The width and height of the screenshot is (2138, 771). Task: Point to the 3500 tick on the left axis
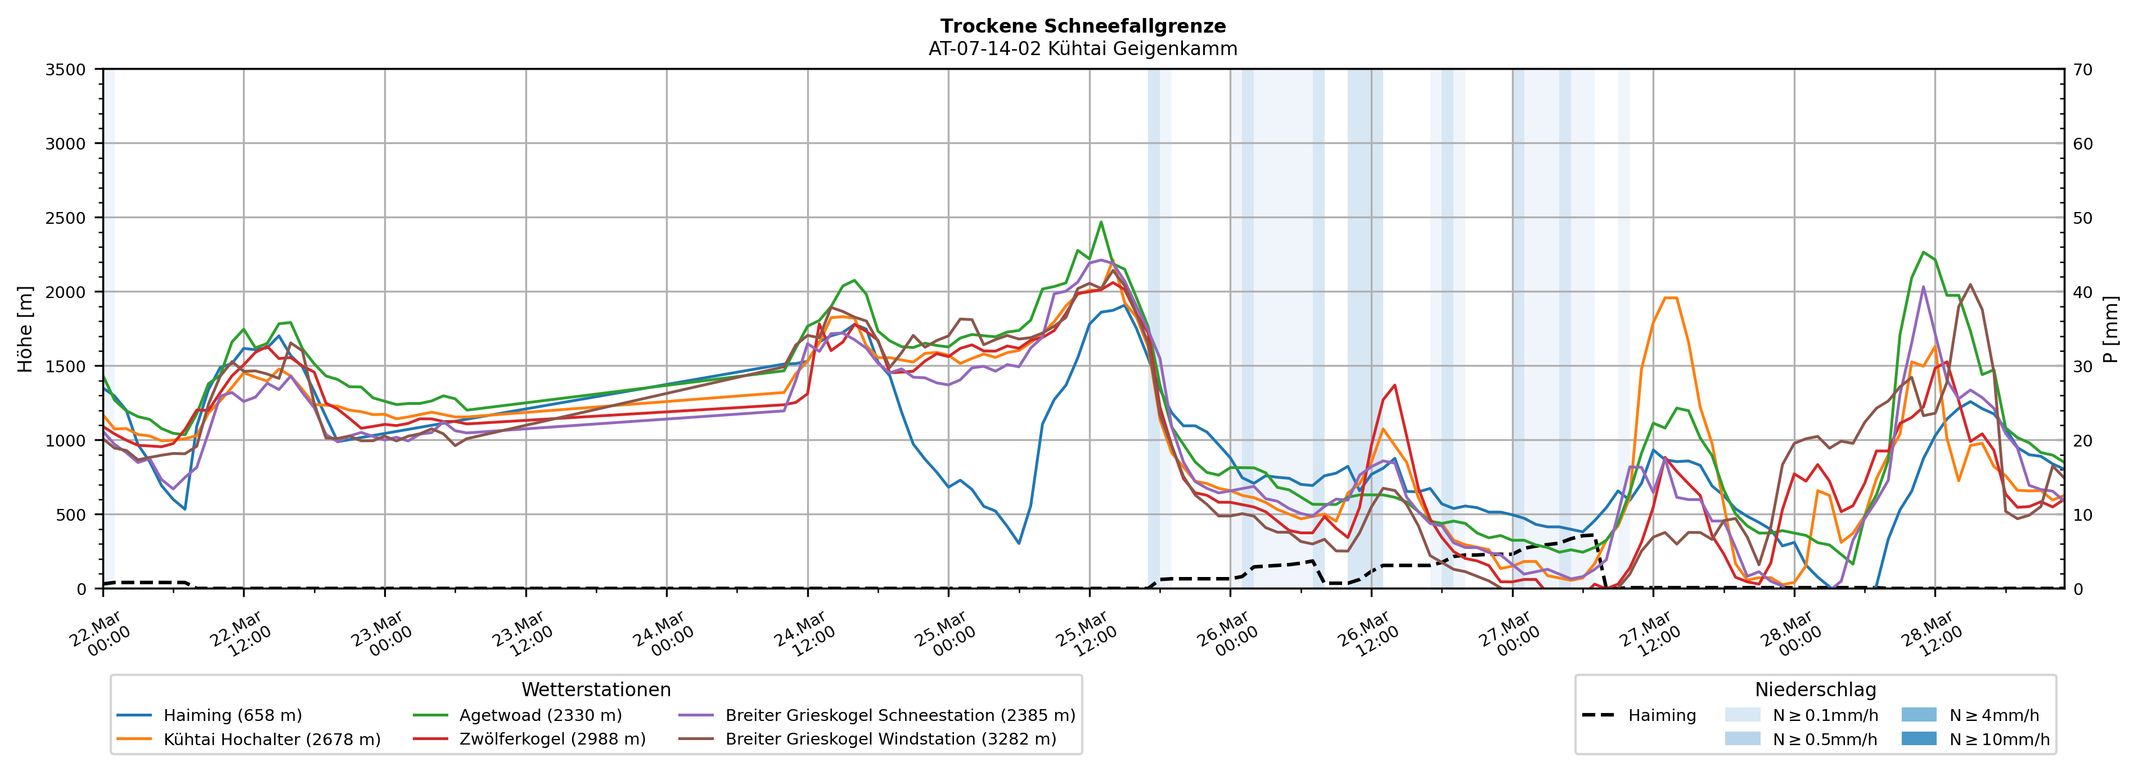point(66,70)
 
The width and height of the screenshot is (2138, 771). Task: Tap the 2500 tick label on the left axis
point(66,218)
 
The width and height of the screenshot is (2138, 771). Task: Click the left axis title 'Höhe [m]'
point(26,330)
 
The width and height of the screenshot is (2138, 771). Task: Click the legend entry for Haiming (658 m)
point(232,715)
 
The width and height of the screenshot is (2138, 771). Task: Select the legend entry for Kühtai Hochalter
point(272,740)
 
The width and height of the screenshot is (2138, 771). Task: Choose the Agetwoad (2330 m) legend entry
point(541,715)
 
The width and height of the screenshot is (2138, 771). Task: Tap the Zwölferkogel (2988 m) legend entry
point(552,740)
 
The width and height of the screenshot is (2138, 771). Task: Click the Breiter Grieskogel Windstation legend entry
point(890,740)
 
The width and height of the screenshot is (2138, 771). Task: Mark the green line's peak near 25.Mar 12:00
point(1101,222)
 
